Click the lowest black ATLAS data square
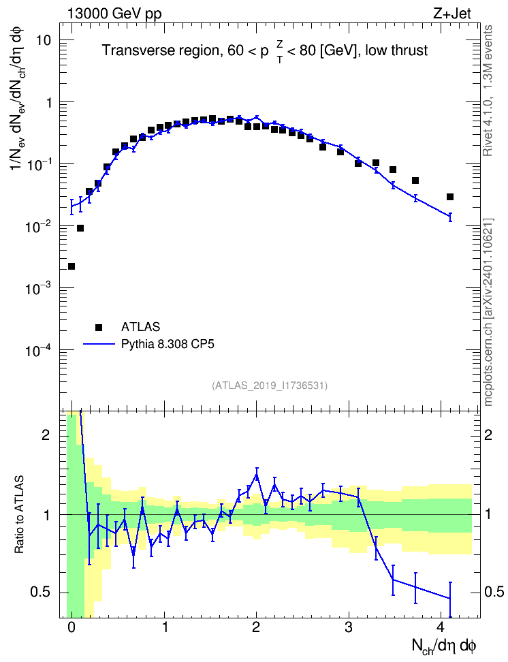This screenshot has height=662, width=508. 72,266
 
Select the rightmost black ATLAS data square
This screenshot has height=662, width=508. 450,197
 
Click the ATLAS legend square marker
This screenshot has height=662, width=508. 99,327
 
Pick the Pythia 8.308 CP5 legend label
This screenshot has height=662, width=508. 168,344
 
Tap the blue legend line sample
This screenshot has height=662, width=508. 99,344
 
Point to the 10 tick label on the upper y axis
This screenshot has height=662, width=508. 43,41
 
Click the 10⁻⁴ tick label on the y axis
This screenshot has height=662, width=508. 37,350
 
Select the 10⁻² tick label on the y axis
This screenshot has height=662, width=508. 37,227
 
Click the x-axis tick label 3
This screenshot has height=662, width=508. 349,627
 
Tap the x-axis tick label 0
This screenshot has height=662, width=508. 72,627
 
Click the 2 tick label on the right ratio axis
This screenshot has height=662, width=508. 488,435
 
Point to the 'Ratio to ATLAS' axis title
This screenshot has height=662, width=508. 19,515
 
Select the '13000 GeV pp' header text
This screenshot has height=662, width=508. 114,14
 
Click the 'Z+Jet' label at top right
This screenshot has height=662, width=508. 452,14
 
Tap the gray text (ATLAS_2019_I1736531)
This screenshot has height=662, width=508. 270,385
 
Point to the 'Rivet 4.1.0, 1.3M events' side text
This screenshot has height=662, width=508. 488,91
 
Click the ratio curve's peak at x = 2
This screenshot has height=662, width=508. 256,474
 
